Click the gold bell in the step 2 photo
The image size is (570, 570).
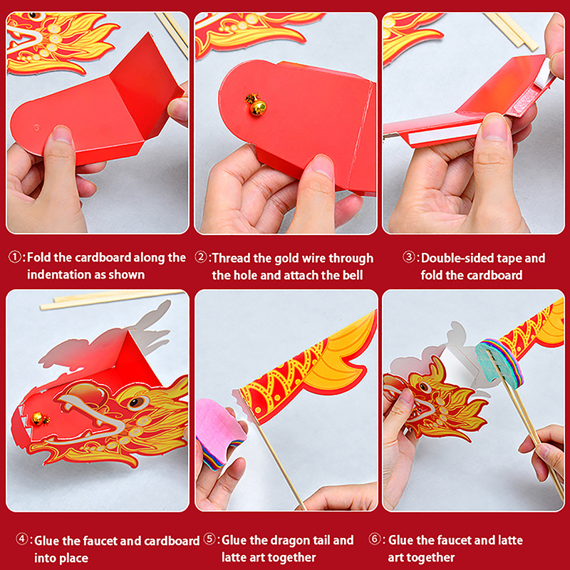(256, 105)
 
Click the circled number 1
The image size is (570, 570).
(15, 257)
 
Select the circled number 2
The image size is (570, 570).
(201, 257)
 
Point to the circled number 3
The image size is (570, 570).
(409, 257)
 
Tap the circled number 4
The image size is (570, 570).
(22, 539)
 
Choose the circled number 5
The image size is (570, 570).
(209, 539)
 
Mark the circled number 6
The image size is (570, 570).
(375, 539)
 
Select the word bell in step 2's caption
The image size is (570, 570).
(352, 275)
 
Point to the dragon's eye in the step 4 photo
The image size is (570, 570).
(136, 403)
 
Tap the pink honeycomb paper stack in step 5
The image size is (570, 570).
(219, 430)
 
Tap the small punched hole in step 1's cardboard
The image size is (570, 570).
(37, 128)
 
